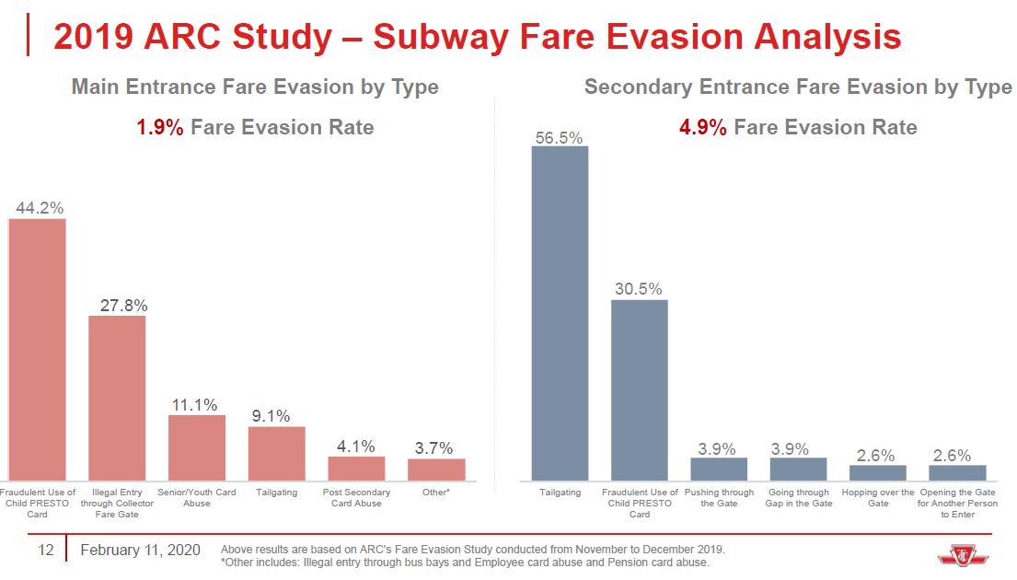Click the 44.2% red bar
[38, 350]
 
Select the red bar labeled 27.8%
[117, 398]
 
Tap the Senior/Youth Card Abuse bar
[197, 447]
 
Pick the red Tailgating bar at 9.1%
[276, 453]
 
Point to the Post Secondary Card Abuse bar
[356, 469]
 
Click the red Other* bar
[436, 470]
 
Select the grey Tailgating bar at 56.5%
[560, 313]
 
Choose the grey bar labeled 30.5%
[640, 390]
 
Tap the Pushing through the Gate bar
[719, 469]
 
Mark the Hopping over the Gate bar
[878, 472]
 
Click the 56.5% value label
[560, 137]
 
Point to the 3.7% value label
[433, 448]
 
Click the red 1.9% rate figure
[160, 127]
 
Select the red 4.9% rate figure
[703, 127]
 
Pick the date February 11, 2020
[140, 551]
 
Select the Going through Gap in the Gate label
[798, 498]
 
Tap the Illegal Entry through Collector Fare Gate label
[117, 504]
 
